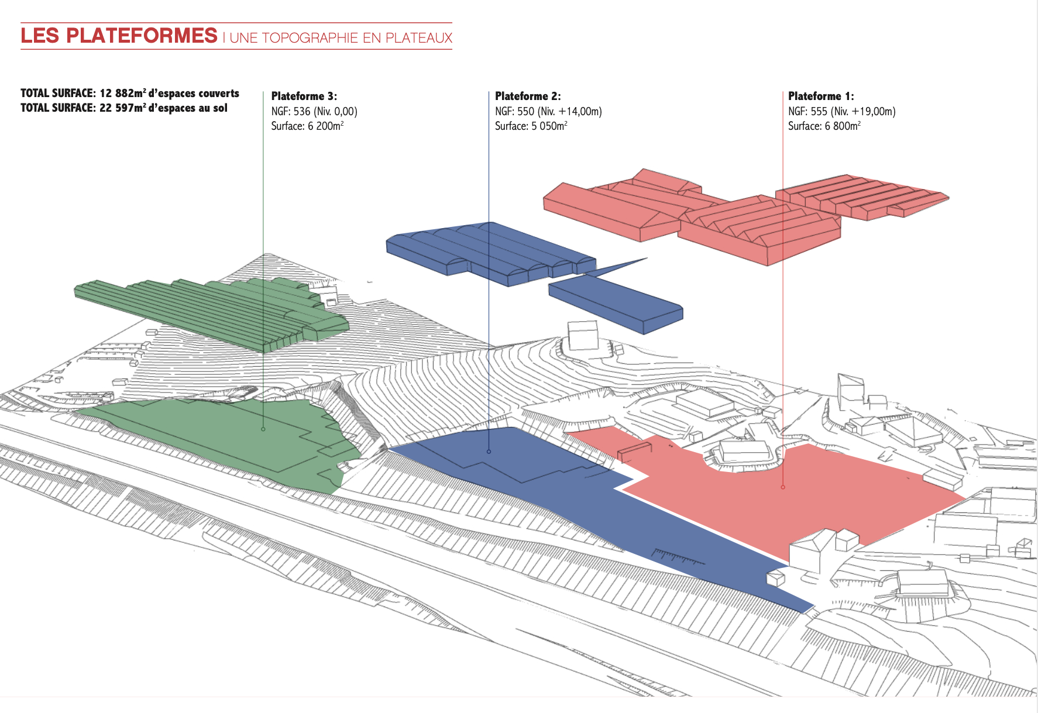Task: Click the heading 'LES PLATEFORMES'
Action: (119, 36)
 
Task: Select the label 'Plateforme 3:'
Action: (304, 96)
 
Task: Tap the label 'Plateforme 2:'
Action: (527, 96)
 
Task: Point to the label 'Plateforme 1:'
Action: (820, 96)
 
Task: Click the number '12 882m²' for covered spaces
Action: (123, 93)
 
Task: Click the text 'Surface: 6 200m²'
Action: (307, 126)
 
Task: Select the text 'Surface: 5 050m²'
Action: (531, 126)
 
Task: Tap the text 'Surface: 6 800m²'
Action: (824, 126)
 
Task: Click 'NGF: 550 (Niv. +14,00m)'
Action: (548, 111)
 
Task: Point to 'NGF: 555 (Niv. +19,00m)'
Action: (841, 111)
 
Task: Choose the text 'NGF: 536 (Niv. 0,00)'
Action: (314, 111)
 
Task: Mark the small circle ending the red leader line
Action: (783, 487)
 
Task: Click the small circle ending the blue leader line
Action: (489, 452)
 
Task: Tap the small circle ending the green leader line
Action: (263, 429)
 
